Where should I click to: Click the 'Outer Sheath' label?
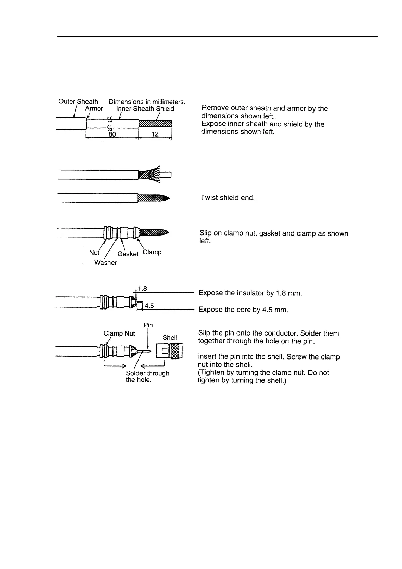coord(78,101)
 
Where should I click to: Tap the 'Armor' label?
coord(94,109)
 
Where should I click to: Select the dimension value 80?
coord(112,134)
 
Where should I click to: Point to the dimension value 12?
coord(155,134)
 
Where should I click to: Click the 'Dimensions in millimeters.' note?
coord(147,101)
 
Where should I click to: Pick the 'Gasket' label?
coord(128,254)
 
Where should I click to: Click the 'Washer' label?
coord(105,263)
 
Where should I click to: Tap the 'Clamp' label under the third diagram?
coord(152,252)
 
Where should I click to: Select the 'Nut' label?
coord(94,253)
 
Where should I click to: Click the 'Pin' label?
coord(148,325)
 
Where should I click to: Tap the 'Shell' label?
coord(170,338)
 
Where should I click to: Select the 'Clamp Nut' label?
coord(119,333)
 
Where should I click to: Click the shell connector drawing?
coord(169,351)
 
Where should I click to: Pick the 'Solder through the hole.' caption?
coord(147,376)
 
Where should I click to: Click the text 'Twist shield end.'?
coord(227,198)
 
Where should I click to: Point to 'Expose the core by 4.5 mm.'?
coord(243,310)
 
